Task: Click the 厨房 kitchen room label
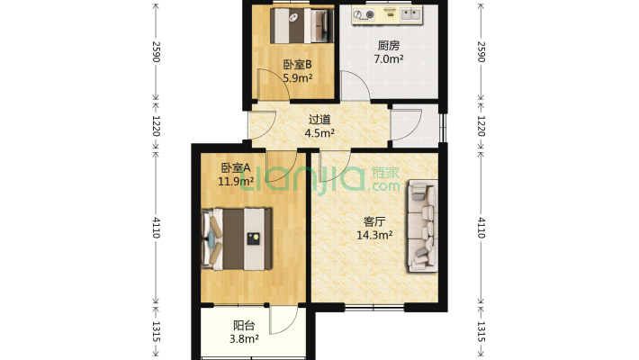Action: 389,46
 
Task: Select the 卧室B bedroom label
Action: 296,64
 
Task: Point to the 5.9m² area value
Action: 296,77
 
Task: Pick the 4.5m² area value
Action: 319,133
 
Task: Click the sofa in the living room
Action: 421,225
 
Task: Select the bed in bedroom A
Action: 238,238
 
